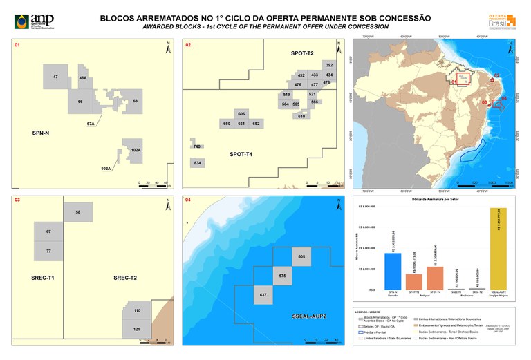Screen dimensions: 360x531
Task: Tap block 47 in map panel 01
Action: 55,77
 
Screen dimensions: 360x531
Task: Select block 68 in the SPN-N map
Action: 135,102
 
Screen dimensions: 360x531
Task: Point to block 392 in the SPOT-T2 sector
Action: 328,65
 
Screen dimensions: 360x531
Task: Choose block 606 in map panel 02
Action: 241,113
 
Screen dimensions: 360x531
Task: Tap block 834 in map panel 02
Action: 198,162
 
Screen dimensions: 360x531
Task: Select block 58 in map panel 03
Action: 78,211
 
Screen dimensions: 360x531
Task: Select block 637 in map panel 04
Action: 263,294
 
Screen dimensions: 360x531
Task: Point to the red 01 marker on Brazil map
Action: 455,82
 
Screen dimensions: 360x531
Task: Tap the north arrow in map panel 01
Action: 168,48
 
